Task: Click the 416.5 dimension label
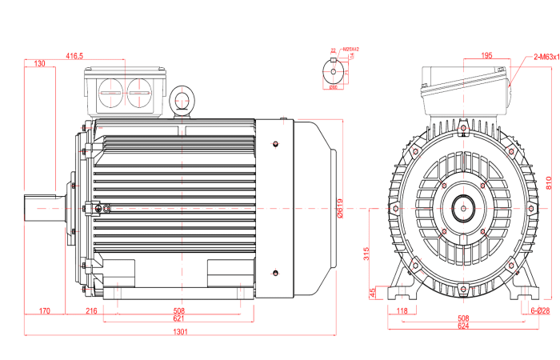click(x=74, y=56)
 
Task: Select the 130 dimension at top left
click(x=39, y=64)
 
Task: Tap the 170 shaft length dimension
click(x=44, y=310)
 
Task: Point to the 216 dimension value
click(x=90, y=310)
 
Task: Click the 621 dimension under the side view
click(x=178, y=318)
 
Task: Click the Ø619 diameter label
click(x=339, y=209)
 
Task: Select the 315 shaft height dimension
click(x=366, y=254)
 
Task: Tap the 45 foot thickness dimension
click(x=372, y=293)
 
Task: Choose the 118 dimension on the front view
click(x=402, y=310)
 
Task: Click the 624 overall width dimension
click(x=462, y=326)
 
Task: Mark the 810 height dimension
click(x=549, y=182)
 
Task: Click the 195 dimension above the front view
click(x=486, y=56)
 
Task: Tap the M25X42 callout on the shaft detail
click(x=350, y=50)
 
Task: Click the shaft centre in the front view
click(x=462, y=208)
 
